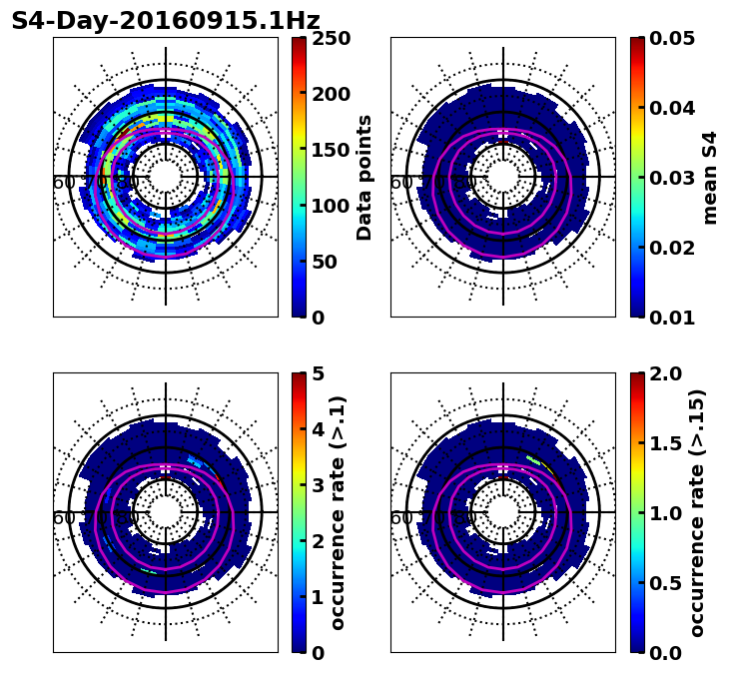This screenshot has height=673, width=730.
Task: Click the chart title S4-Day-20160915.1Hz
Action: (166, 21)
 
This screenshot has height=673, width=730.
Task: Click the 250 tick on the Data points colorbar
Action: (331, 39)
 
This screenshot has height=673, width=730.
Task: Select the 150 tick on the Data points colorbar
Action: (331, 151)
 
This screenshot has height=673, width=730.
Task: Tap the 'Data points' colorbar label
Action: (365, 178)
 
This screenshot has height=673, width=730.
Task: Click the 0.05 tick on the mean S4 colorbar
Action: (672, 39)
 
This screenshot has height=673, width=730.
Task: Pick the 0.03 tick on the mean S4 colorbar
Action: (672, 178)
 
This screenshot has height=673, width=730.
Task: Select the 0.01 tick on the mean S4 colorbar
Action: (672, 318)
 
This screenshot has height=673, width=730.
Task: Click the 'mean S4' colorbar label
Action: (710, 178)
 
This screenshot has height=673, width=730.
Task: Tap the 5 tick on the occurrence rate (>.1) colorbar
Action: (319, 374)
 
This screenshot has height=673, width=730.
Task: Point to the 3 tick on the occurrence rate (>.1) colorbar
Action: (319, 486)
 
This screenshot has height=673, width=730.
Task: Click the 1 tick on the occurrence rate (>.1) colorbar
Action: (319, 598)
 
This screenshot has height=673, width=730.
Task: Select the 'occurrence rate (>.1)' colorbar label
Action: (339, 513)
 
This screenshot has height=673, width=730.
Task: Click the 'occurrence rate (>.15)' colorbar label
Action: (697, 513)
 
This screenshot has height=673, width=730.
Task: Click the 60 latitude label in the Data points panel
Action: (63, 183)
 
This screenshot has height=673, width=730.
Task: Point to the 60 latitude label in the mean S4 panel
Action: (400, 183)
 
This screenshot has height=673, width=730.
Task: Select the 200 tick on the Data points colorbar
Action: (331, 95)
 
